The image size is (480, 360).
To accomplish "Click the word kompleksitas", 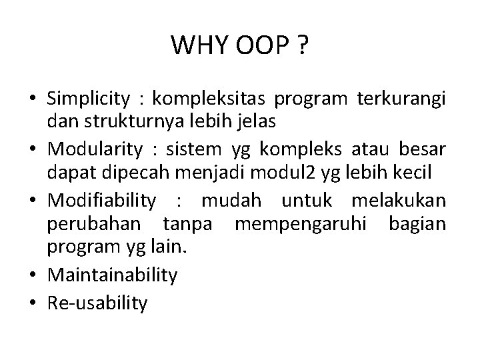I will click(209, 100).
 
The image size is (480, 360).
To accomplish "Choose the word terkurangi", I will click(401, 100).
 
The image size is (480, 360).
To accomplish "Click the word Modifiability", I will click(101, 201).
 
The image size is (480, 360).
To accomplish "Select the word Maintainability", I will click(113, 274).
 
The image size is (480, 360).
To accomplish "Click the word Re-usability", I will click(97, 303).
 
